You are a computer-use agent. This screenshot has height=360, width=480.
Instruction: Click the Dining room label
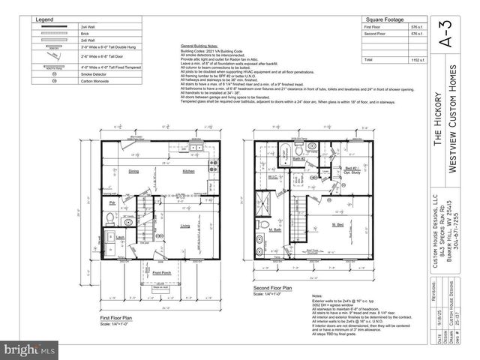133,172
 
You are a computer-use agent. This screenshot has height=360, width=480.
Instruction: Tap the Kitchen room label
188,172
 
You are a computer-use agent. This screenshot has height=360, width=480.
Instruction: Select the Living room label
184,226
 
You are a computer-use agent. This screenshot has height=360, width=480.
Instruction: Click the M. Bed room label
338,225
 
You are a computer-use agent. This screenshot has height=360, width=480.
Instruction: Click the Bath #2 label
297,159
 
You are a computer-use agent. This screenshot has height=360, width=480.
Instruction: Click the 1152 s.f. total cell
416,59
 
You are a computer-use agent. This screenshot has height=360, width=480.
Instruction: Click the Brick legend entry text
84,34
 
